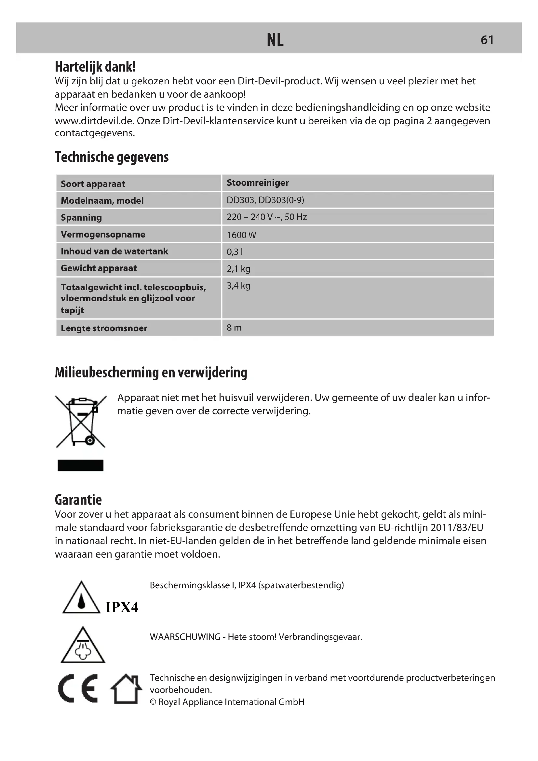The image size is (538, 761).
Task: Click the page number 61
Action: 487,40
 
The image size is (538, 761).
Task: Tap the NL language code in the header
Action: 275,40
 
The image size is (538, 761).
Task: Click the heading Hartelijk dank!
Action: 95,67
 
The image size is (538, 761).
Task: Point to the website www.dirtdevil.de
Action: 94,121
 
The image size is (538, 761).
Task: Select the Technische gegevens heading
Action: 112,157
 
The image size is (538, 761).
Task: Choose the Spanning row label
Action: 81,217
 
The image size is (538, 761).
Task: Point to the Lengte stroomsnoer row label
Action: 104,328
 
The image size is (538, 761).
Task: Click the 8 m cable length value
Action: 234,328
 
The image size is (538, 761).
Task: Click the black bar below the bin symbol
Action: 80,465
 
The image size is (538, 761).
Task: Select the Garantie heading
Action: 78,500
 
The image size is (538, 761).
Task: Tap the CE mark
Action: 78,688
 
